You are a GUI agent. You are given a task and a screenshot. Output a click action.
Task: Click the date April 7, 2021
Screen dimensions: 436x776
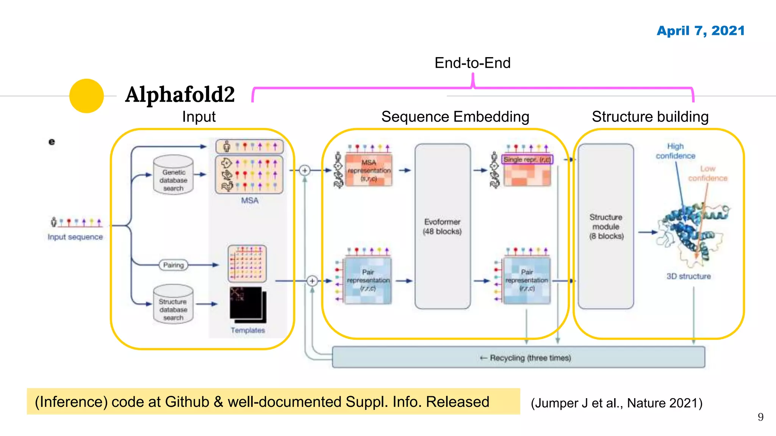(x=700, y=31)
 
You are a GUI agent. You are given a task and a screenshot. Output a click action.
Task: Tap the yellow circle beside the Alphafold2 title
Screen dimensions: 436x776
(x=86, y=96)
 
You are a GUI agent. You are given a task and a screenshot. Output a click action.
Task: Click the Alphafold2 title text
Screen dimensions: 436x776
(x=180, y=94)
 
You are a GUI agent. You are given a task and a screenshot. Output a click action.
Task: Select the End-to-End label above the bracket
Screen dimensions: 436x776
(x=472, y=63)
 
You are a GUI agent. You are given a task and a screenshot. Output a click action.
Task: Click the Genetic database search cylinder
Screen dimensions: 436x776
(x=174, y=175)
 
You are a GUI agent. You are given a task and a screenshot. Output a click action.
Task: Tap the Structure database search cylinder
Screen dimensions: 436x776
(x=174, y=305)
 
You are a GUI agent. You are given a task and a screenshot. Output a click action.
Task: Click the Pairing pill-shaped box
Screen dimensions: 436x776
(x=174, y=265)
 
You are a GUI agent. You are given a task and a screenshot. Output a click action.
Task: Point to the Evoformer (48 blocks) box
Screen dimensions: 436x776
(x=442, y=226)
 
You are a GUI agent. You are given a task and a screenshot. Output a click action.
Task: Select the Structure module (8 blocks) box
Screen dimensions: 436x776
(x=606, y=226)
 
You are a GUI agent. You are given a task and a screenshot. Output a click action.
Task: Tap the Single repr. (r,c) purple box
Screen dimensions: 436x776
(x=527, y=160)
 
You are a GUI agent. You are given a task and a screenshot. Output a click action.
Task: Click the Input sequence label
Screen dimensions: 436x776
(x=75, y=237)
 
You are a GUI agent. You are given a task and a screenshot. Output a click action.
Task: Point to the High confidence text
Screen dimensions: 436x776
(x=676, y=151)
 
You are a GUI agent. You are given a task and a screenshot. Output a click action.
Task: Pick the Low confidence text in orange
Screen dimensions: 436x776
(x=707, y=173)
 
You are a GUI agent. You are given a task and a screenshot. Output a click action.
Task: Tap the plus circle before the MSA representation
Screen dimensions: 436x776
(x=305, y=170)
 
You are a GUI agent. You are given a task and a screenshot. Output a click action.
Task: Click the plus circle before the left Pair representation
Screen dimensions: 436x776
(x=312, y=281)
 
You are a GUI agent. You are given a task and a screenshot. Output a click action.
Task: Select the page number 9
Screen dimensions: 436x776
(x=760, y=417)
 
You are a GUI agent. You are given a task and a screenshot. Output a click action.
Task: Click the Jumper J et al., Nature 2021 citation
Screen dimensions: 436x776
(x=616, y=403)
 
